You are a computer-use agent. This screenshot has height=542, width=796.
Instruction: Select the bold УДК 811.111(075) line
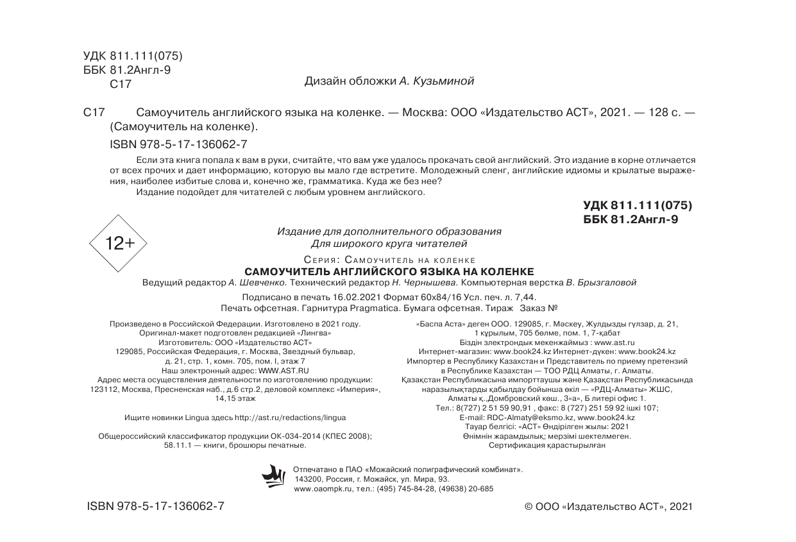638,206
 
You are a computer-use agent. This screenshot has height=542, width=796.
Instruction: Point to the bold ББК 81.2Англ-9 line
631,219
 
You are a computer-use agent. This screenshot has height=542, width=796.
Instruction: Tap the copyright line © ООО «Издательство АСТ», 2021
609,507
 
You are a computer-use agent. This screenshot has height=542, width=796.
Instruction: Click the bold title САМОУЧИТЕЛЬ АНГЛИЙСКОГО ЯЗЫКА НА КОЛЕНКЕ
389,271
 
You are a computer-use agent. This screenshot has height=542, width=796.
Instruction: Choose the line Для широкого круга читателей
389,244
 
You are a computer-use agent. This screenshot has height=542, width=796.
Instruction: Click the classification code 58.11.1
178,445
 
